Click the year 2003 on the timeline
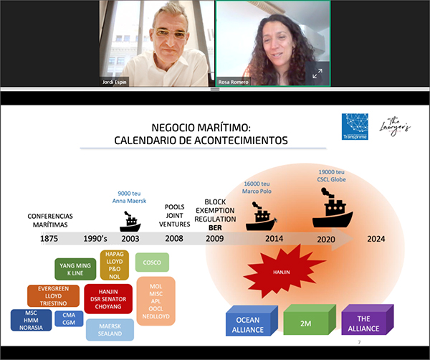click(x=130, y=239)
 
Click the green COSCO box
click(x=151, y=262)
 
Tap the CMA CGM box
click(x=69, y=319)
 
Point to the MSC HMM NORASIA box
click(x=31, y=320)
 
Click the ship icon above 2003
click(x=130, y=221)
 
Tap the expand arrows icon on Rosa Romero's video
click(x=317, y=73)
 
